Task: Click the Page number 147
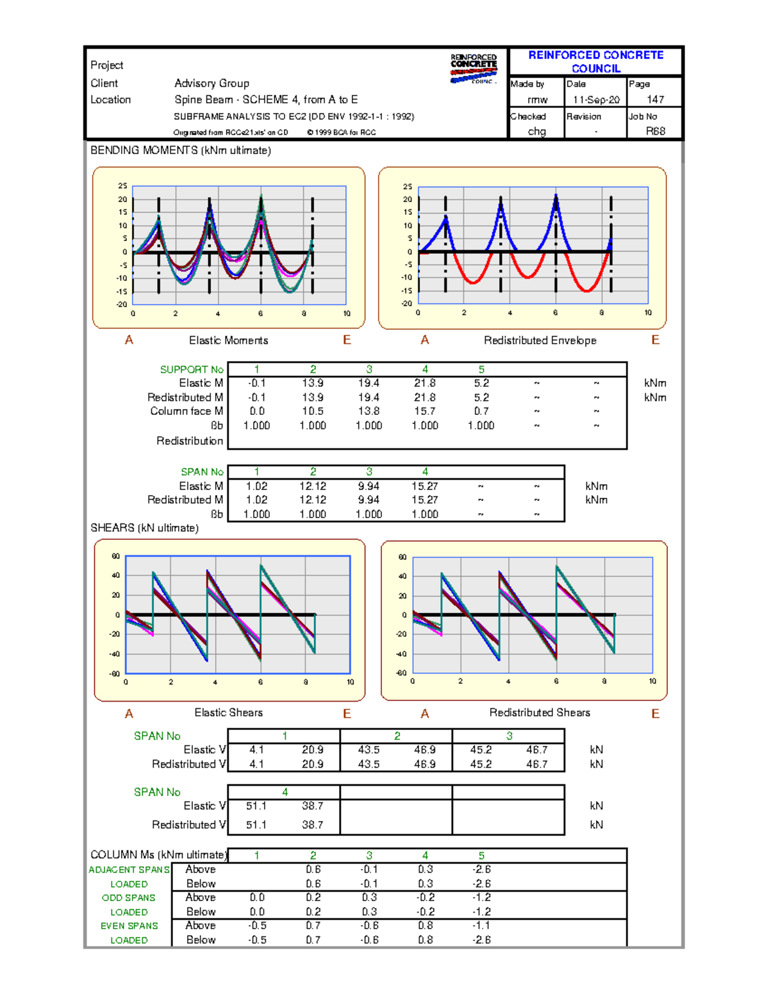pyautogui.click(x=655, y=99)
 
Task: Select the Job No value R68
pyautogui.click(x=655, y=131)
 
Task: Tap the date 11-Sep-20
pyautogui.click(x=596, y=99)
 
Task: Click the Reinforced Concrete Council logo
pyautogui.click(x=474, y=69)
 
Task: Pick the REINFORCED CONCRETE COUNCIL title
pyautogui.click(x=596, y=62)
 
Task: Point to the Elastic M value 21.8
pyautogui.click(x=425, y=383)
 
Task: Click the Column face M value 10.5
pyautogui.click(x=313, y=411)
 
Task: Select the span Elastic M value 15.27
pyautogui.click(x=425, y=486)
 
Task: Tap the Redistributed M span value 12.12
pyautogui.click(x=313, y=500)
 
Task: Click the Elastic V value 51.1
pyautogui.click(x=256, y=806)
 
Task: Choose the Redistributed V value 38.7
pyautogui.click(x=313, y=825)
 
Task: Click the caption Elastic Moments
pyautogui.click(x=229, y=341)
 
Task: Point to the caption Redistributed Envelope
pyautogui.click(x=540, y=341)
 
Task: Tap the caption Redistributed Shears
pyautogui.click(x=540, y=713)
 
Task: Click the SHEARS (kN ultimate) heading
pyautogui.click(x=145, y=528)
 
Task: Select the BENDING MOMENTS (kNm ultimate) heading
pyautogui.click(x=181, y=150)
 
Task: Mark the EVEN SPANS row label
pyautogui.click(x=129, y=925)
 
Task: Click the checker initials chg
pyautogui.click(x=537, y=131)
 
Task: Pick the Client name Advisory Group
pyautogui.click(x=211, y=83)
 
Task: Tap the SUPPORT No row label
pyautogui.click(x=192, y=369)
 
